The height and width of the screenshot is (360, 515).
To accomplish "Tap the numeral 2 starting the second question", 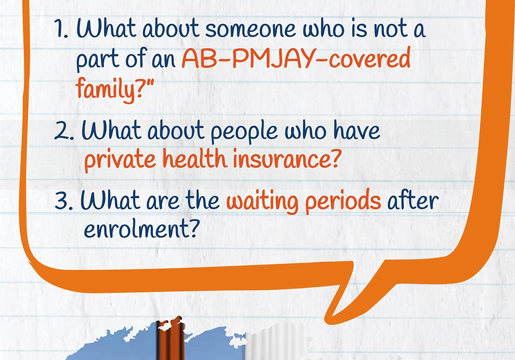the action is click(x=62, y=130).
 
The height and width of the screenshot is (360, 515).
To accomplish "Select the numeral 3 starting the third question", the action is click(x=62, y=199).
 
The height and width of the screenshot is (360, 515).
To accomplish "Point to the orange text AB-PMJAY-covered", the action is click(x=296, y=59).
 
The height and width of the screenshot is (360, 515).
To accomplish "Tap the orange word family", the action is click(x=106, y=89).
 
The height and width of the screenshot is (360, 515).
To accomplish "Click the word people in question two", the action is click(x=244, y=131).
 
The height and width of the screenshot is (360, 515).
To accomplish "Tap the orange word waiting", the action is click(x=263, y=201).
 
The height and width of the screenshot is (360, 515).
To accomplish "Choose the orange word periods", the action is click(x=343, y=200).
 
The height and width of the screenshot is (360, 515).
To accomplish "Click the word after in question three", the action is click(x=413, y=199).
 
